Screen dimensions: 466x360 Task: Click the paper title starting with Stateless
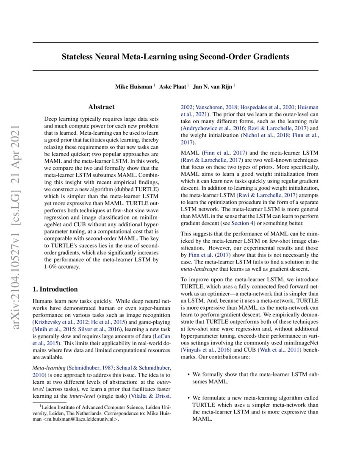175,56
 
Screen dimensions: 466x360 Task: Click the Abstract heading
101,107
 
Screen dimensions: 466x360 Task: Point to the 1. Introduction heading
55,289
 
